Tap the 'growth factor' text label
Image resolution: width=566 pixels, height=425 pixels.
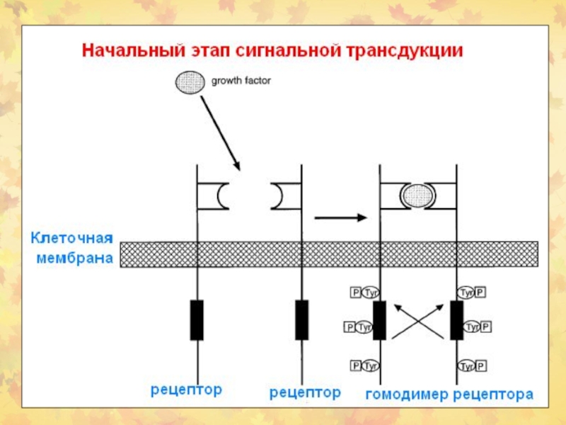coord(241,81)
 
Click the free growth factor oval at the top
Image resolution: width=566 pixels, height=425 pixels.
coord(190,83)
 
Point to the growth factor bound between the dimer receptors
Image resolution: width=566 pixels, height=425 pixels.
coord(417,195)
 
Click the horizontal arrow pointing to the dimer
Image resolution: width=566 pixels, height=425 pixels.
coord(342,217)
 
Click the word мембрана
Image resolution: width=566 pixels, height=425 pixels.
coord(75,259)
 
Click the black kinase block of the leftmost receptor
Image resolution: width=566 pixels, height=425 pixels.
coord(197,319)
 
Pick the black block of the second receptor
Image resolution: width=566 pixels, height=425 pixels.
coord(302,319)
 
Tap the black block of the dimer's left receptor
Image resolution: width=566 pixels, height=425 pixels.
coord(380,319)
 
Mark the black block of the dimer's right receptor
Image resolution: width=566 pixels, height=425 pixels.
coord(456,319)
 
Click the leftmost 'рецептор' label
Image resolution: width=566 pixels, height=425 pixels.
coord(186,390)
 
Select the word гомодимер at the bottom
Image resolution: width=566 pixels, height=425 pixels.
coord(406,394)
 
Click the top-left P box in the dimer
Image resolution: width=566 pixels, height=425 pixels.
coord(355,292)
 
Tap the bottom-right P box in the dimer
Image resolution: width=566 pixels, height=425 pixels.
coord(481,365)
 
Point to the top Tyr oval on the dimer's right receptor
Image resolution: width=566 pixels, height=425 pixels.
coord(466,292)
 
